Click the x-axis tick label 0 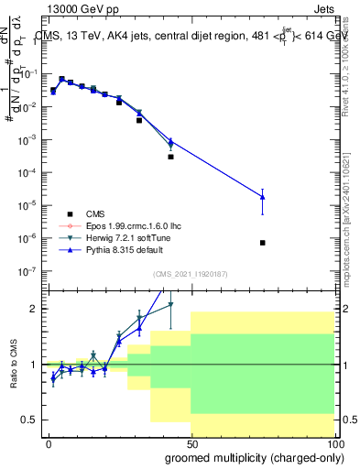pyautogui.click(x=49, y=443)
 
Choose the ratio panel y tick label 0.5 pyautogui.click(x=29, y=420)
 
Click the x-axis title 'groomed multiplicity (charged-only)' pyautogui.click(x=253, y=457)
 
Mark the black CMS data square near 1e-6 pyautogui.click(x=263, y=243)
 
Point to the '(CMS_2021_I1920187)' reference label pyautogui.click(x=191, y=273)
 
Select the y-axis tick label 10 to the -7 pyautogui.click(x=29, y=271)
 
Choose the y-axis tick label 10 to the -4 pyautogui.click(x=29, y=172)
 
